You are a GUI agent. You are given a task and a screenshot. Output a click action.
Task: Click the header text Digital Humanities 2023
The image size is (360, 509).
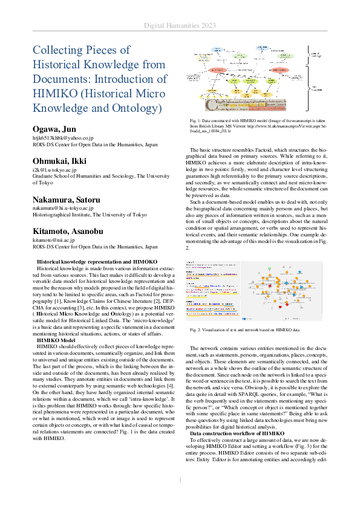tap(180, 25)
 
